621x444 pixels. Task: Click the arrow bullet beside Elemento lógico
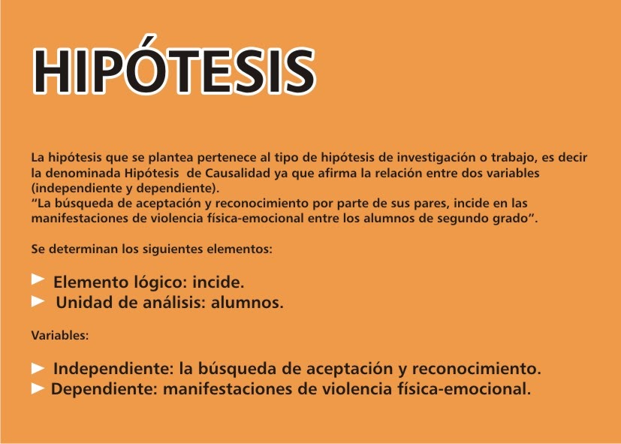click(x=38, y=279)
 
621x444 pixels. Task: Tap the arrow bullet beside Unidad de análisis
click(x=38, y=301)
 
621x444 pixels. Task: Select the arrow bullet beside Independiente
click(x=38, y=368)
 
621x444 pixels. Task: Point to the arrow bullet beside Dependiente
click(x=38, y=388)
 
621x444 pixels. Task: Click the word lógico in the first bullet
click(x=160, y=282)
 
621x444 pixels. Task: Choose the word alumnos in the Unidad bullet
click(x=247, y=303)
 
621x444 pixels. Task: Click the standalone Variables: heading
click(x=60, y=336)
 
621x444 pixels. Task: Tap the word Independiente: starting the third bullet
click(x=113, y=369)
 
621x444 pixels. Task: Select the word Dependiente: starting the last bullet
click(x=104, y=389)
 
